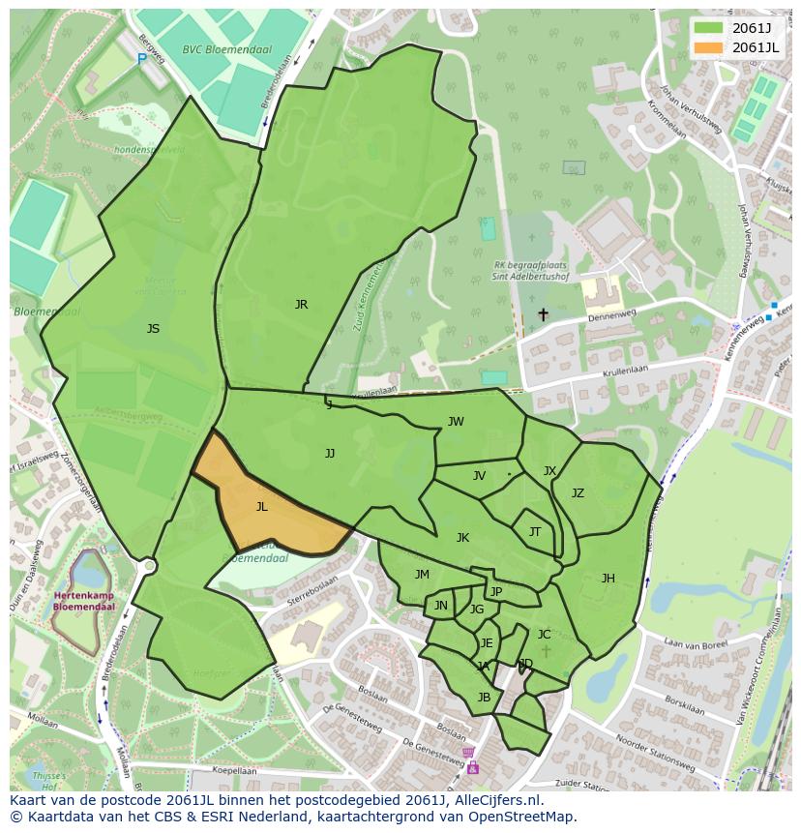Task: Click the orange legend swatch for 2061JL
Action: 708,47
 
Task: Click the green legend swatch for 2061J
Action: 708,27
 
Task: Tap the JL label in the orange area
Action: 261,506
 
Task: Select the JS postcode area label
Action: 153,329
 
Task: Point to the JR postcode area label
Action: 301,305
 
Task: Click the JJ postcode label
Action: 330,453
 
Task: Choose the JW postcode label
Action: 456,421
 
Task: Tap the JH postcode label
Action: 608,579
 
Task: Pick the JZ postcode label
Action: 578,493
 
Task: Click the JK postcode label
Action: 462,538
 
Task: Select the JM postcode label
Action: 422,575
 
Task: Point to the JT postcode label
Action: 535,532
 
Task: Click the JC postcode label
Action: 544,635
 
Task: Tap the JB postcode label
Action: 484,697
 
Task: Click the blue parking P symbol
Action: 141,59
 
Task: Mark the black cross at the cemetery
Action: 543,314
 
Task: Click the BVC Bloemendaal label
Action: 226,49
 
